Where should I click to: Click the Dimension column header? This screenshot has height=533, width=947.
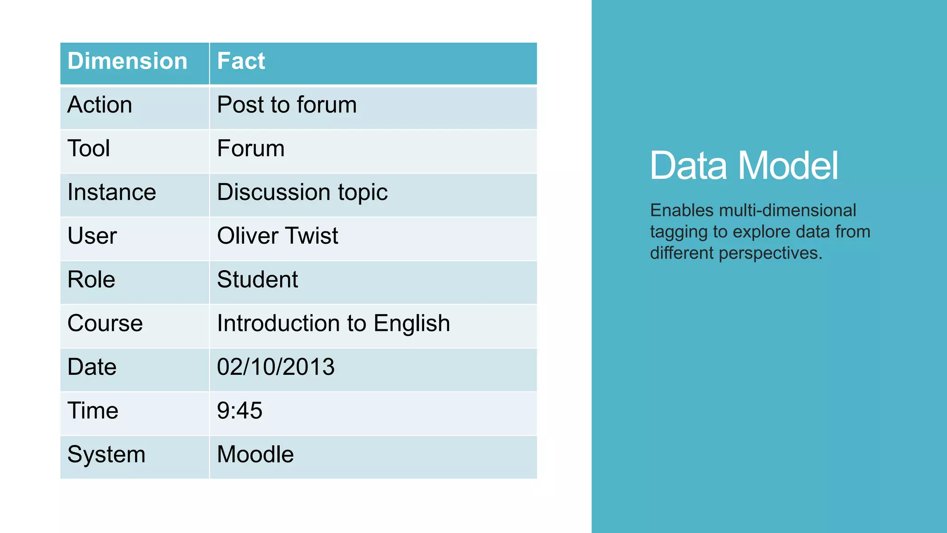127,62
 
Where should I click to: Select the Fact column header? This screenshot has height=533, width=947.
241,62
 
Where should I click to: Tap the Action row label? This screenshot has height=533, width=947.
100,105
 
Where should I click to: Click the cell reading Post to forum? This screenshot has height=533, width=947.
287,105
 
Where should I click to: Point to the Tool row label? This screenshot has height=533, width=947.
89,149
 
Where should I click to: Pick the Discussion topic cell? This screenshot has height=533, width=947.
302,192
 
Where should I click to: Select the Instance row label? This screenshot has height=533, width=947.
111,192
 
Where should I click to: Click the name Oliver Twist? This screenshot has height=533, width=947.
277,236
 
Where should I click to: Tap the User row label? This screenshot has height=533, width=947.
92,236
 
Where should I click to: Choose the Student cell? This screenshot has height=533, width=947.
258,280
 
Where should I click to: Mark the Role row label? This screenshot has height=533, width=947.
91,280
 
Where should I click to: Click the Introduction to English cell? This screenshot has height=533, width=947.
333,323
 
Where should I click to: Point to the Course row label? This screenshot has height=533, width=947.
105,323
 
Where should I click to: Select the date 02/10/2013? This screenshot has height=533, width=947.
276,367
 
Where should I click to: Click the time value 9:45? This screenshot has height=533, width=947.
240,411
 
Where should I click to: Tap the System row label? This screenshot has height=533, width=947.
106,454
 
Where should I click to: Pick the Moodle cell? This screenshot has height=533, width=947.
255,454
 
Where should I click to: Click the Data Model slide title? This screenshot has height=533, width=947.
744,166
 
